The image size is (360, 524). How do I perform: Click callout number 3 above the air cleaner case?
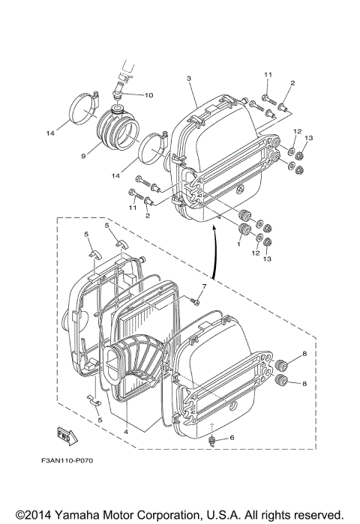189,79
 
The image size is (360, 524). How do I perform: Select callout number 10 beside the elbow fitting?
148,95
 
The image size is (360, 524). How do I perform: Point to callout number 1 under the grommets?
238,244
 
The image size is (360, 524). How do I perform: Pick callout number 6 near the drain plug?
231,438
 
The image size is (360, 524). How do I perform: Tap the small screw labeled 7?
193,301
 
